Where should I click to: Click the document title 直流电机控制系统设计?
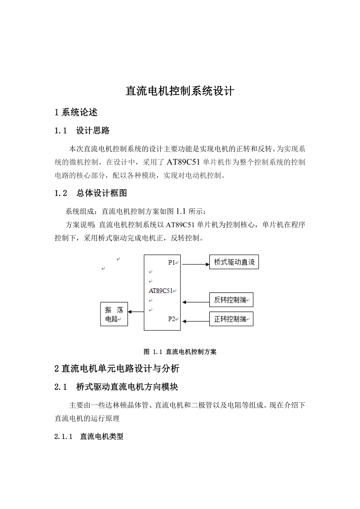(x=180, y=91)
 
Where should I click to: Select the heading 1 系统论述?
(x=76, y=113)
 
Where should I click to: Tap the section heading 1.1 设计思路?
(x=82, y=131)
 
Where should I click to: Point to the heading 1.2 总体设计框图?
(x=90, y=193)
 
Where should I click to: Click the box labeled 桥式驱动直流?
(x=234, y=262)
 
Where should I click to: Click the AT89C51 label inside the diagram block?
(x=161, y=290)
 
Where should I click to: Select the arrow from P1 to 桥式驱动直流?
(x=196, y=264)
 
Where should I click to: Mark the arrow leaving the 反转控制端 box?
(x=196, y=302)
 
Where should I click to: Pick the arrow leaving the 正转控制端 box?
(x=196, y=321)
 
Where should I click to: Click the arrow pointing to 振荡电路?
(x=136, y=312)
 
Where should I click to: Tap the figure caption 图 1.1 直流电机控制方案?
(x=180, y=351)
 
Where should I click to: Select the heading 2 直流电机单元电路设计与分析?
(x=117, y=368)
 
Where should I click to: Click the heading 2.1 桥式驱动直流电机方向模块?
(x=116, y=387)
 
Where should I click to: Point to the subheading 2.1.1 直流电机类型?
(x=89, y=436)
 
